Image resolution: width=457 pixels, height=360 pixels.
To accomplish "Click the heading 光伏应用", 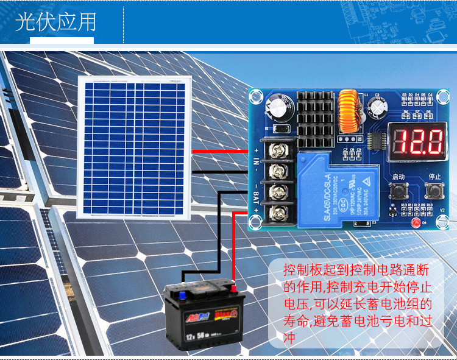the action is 55,22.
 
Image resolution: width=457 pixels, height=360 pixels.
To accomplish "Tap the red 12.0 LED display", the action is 417,141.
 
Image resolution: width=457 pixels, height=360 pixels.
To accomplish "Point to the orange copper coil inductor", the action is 349,112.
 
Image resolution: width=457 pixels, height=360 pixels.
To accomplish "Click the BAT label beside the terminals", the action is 257,198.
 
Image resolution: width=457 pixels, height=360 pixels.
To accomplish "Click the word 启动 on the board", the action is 399,177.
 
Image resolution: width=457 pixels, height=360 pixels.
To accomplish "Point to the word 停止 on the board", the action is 434,177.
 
